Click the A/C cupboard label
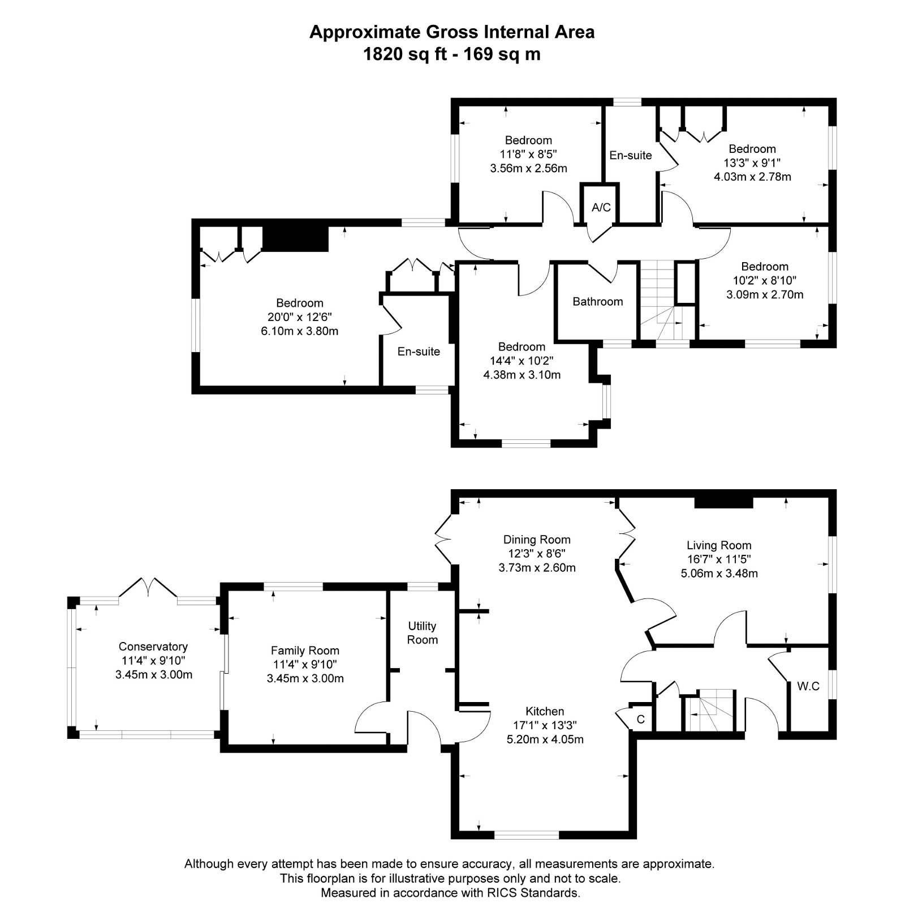(601, 208)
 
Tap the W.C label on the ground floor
(808, 686)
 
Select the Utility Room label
(423, 632)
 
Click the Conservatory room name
(153, 647)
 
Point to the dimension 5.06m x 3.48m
(719, 573)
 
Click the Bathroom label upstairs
(597, 302)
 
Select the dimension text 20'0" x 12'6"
(300, 317)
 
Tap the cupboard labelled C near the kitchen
(641, 720)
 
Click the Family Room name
(305, 651)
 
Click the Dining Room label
(537, 540)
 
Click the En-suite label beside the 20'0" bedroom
(419, 352)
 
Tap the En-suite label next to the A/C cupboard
(630, 155)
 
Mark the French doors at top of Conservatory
(148, 587)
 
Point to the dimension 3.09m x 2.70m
(765, 294)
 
